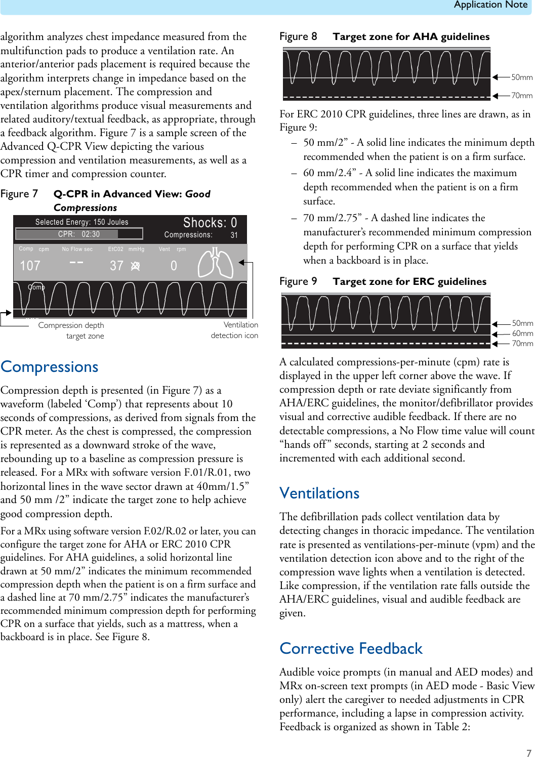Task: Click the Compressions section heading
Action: pos(50,367)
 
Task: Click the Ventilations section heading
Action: pos(319,493)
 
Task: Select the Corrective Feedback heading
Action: pos(351,649)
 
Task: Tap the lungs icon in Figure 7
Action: pos(215,263)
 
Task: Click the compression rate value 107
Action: pos(30,266)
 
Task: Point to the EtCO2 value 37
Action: pos(117,266)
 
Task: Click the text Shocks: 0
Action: pos(210,223)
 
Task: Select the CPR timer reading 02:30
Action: pos(91,234)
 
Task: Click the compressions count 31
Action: pos(234,235)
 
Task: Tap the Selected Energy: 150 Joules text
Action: pos(81,222)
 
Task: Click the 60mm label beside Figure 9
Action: pos(522,333)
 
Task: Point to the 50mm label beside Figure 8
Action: pos(521,77)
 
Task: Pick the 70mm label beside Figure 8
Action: pos(521,96)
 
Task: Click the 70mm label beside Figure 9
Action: pos(522,344)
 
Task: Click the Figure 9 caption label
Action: pos(298,281)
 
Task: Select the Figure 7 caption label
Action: pos(19,194)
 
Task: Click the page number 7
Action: pos(528,753)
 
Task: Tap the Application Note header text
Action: pos(490,5)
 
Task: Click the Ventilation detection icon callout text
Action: pos(234,330)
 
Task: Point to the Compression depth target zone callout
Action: pos(71,330)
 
